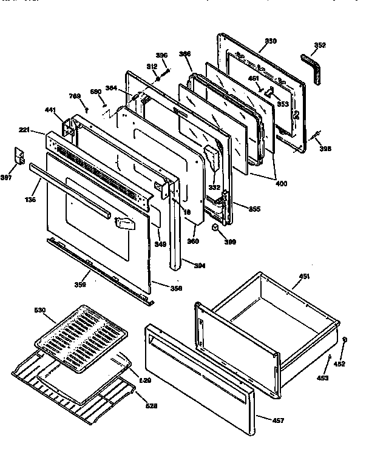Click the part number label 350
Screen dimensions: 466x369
pos(270,41)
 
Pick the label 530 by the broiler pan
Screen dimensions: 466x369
pos(39,310)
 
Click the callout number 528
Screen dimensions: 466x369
pos(151,405)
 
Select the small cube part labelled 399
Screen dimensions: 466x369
pos(215,228)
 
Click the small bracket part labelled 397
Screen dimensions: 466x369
pos(19,157)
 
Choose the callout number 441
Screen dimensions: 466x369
pos(50,110)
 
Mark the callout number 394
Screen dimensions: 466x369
pos(200,265)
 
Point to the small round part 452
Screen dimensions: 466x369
pos(344,340)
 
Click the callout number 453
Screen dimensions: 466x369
pos(323,377)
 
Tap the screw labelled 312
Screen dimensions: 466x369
pos(157,78)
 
